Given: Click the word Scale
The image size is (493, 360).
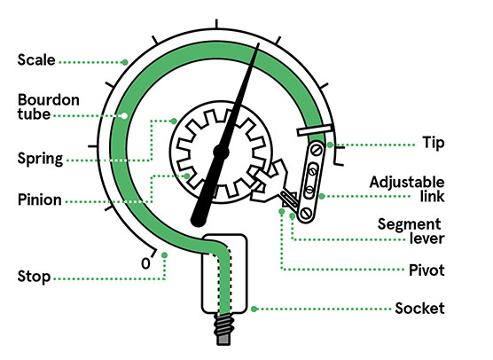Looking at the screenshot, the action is click(36, 59).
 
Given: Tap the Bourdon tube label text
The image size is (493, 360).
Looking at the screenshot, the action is click(49, 106).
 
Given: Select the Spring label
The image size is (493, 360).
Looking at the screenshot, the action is click(40, 159).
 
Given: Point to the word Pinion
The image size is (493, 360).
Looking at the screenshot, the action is click(40, 200).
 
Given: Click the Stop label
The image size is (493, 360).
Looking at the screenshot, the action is click(34, 277).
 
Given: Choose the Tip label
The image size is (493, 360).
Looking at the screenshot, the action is click(434, 143).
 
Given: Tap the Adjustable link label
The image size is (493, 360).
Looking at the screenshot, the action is click(407, 189).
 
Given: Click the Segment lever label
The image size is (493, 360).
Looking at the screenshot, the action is click(411, 231).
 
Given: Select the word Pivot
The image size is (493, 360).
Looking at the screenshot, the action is click(426, 270).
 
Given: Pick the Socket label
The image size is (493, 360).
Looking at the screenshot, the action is click(419, 308).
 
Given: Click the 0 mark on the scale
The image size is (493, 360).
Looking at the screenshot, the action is click(145, 263).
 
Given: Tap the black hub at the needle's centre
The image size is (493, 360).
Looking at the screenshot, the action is click(221, 152).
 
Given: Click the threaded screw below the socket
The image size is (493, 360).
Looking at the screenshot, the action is click(223, 329).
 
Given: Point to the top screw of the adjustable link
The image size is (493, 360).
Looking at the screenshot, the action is click(317, 150).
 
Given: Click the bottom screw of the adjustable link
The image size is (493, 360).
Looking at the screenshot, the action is click(306, 214).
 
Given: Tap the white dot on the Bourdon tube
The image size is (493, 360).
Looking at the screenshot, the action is click(124, 116).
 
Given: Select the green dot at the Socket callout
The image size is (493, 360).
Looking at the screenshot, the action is click(254, 309).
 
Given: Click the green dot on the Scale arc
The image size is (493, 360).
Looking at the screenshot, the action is click(125, 62).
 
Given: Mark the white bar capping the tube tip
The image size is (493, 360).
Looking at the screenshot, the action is click(315, 130).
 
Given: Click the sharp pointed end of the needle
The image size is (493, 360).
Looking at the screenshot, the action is click(258, 43).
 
